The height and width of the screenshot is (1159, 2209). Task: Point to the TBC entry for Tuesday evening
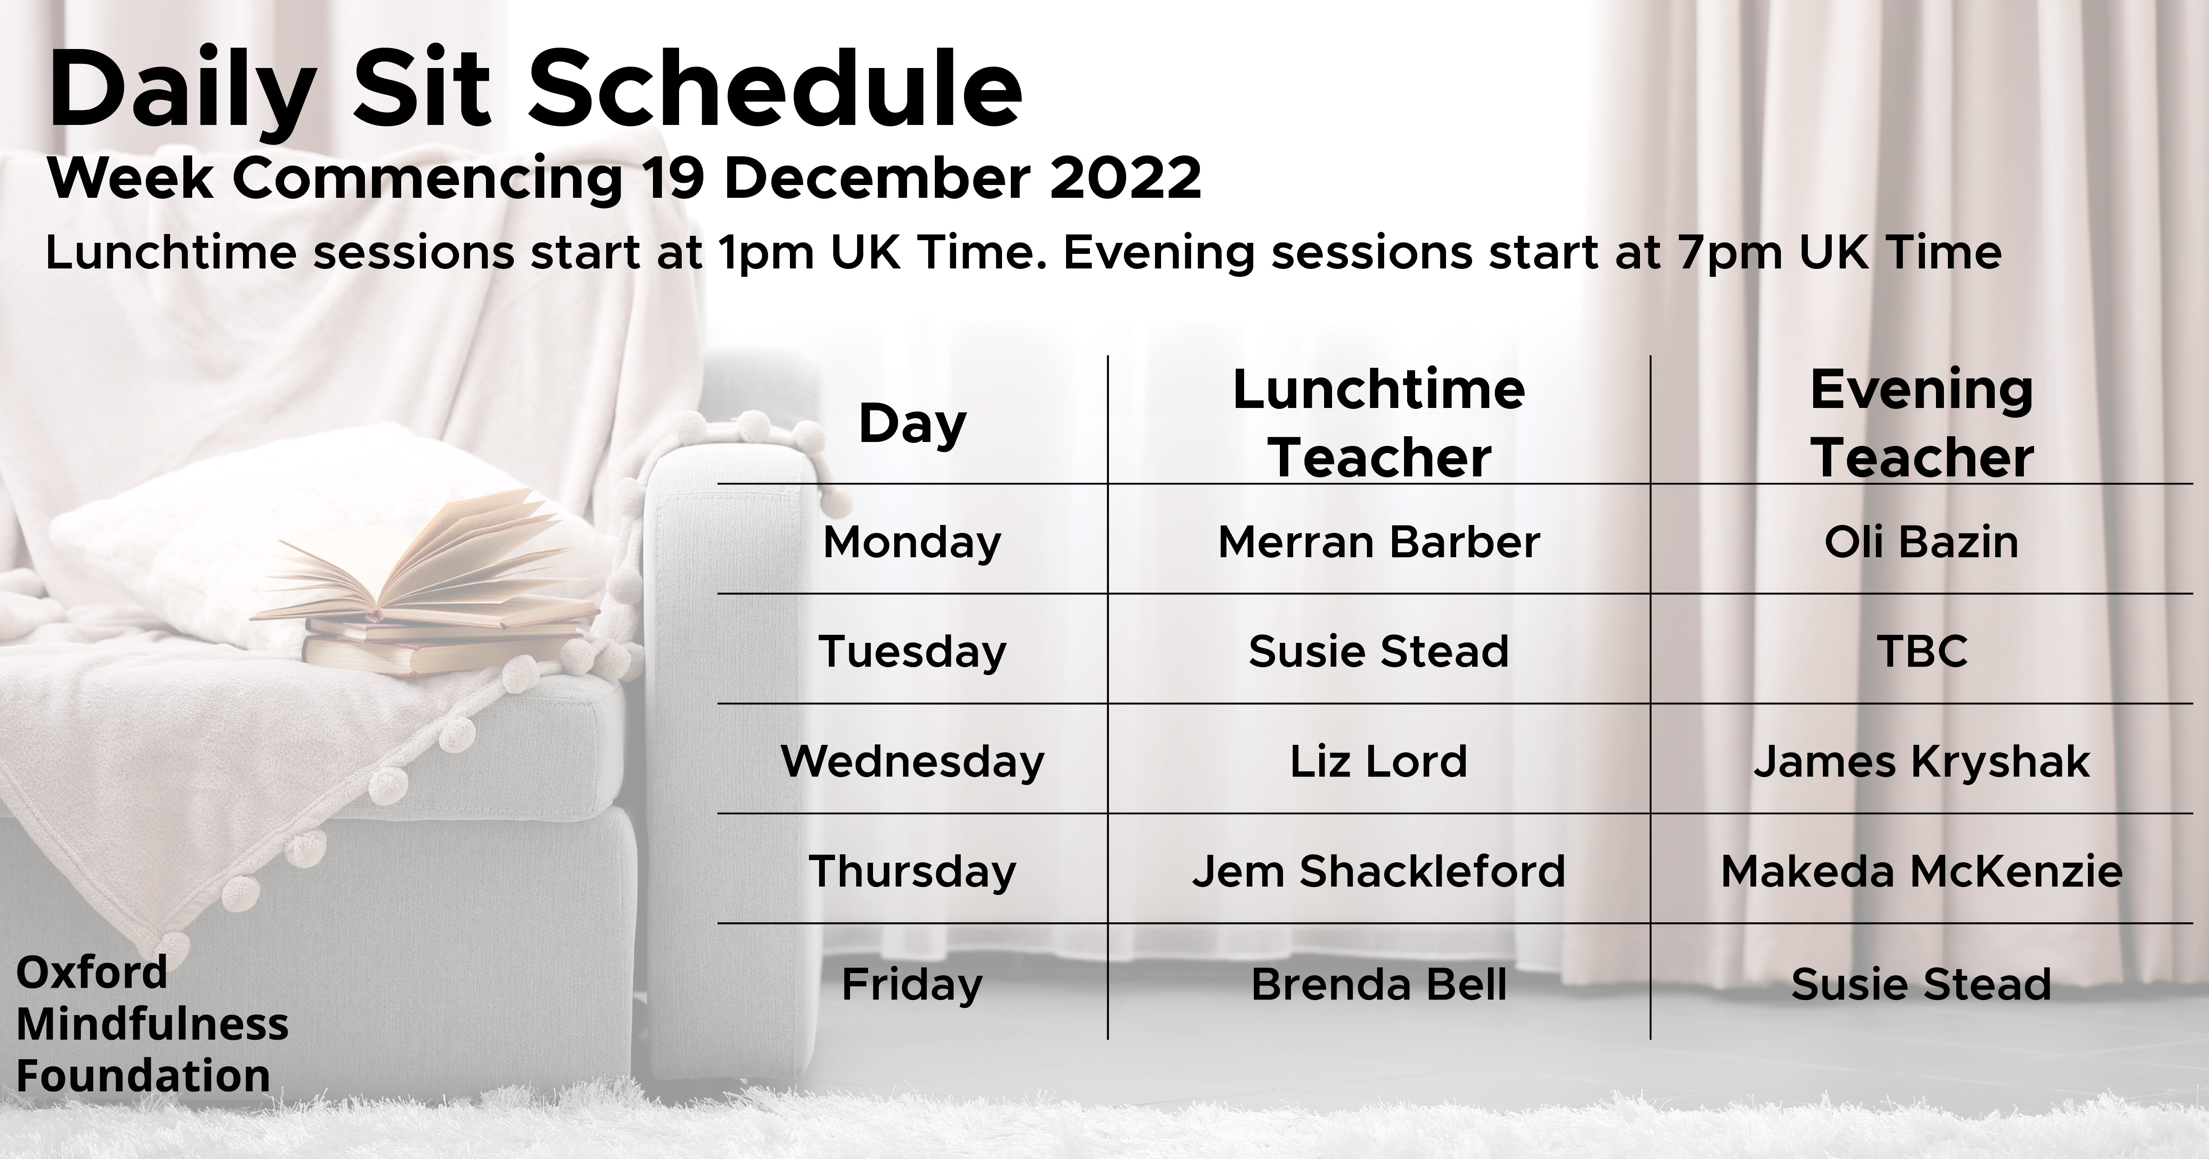1922,652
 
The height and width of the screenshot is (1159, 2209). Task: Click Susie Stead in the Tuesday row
1379,652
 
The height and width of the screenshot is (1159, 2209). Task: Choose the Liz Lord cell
1379,761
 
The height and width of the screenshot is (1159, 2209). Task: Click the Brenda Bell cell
1379,984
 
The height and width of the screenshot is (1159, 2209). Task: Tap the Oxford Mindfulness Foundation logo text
152,1024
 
